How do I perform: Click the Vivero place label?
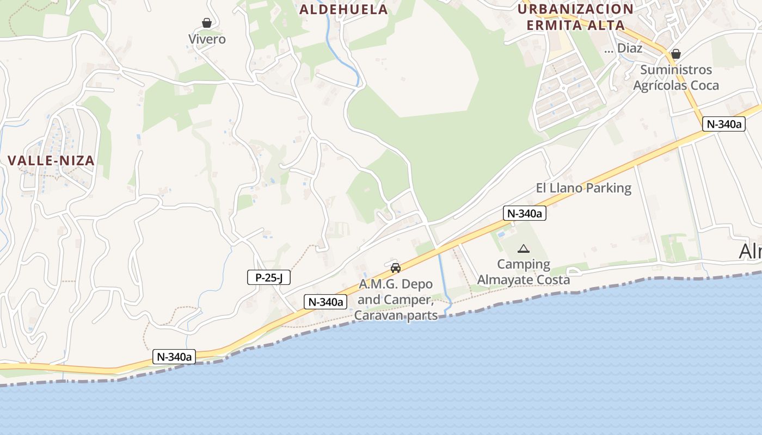click(x=207, y=39)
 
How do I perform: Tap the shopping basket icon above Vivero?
click(x=207, y=23)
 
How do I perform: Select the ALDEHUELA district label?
click(x=343, y=9)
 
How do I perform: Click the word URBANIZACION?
click(x=575, y=9)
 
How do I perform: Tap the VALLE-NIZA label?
click(x=51, y=160)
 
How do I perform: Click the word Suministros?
click(x=676, y=70)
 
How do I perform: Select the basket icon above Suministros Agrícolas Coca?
click(x=676, y=54)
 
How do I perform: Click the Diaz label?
click(x=629, y=48)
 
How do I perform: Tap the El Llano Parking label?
click(x=583, y=188)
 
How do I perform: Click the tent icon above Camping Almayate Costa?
click(x=524, y=249)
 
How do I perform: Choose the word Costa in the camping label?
click(x=551, y=279)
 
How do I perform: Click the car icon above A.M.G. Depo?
click(x=396, y=268)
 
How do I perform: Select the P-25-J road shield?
click(x=269, y=278)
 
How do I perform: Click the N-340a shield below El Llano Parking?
click(x=524, y=214)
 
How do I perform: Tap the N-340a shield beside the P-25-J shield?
click(x=325, y=302)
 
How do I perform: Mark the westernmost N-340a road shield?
click(x=174, y=357)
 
